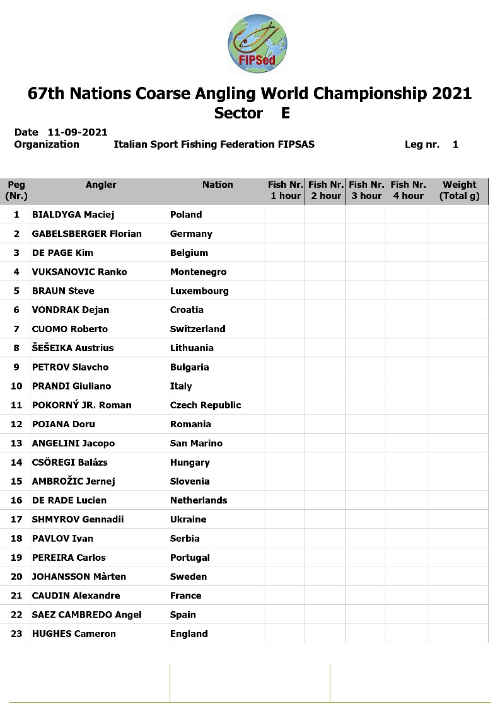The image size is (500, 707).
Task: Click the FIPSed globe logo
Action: pos(257,43)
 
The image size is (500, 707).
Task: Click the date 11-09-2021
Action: pos(78,132)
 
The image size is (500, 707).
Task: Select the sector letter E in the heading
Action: pos(285,113)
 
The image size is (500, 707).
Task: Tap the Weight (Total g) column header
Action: pos(459,190)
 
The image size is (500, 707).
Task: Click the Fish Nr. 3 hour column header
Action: pos(366,190)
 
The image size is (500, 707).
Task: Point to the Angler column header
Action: pos(101,185)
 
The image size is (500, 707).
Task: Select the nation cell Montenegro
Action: pos(198,272)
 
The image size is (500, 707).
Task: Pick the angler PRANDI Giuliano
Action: pos(71,386)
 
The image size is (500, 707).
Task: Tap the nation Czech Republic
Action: pos(206,405)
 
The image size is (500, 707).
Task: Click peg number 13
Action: pos(16,444)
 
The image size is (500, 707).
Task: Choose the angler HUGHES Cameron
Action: pos(74,634)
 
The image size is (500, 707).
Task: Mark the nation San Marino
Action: pos(196,444)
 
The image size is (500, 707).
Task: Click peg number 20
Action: pos(16,577)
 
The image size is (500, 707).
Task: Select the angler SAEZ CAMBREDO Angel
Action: pos(86,615)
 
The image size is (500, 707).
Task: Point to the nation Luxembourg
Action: pos(199,291)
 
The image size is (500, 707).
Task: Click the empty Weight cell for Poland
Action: pos(458,215)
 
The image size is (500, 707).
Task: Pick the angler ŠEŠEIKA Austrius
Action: pos(73,348)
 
